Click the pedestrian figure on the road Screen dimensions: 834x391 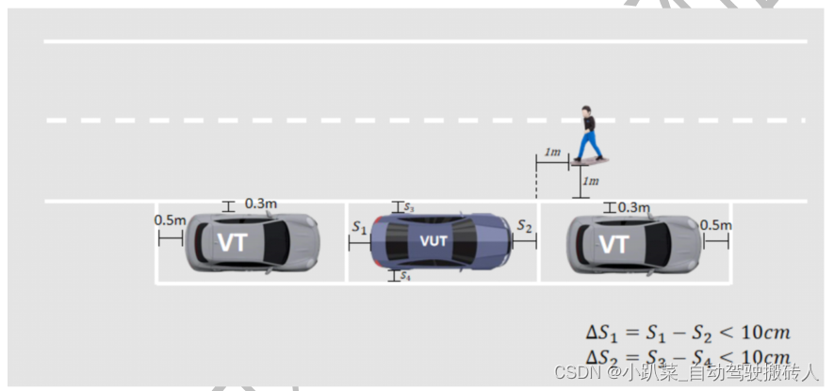click(x=588, y=135)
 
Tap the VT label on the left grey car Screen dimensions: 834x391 click(x=232, y=243)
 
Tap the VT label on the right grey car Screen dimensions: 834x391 click(x=613, y=245)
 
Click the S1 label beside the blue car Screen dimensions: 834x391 click(x=359, y=227)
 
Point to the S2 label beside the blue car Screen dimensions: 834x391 click(x=525, y=227)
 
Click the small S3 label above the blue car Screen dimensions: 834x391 click(x=409, y=206)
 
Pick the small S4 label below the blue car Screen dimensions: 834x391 click(x=405, y=276)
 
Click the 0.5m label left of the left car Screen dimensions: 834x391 click(x=170, y=220)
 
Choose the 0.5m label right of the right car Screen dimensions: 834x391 click(x=715, y=224)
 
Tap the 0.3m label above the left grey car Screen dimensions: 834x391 click(x=260, y=204)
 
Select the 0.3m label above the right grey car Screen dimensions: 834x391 click(x=634, y=207)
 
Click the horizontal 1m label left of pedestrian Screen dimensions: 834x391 click(x=553, y=153)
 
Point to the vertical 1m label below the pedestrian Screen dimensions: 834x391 click(x=591, y=181)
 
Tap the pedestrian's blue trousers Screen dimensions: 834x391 click(x=590, y=145)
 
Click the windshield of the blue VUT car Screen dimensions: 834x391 click(x=468, y=242)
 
